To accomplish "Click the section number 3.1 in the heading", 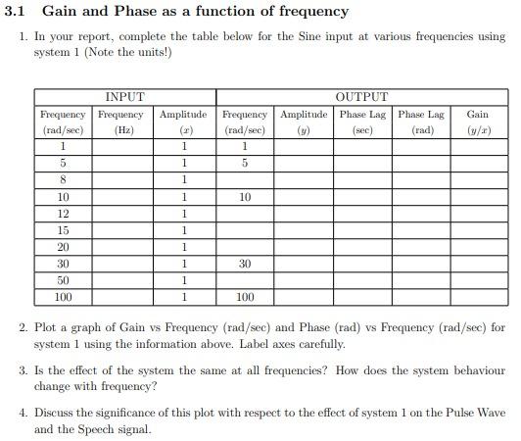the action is [16, 12].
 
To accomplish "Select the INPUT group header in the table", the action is [124, 97].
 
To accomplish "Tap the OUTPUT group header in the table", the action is [362, 97].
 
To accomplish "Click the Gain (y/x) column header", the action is [478, 122].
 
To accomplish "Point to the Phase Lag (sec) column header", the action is [363, 122].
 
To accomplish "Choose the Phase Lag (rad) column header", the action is [422, 122].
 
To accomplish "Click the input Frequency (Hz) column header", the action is [123, 122].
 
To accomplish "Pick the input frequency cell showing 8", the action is [64, 179].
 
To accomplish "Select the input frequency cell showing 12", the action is [64, 213].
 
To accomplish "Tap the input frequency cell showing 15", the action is [64, 229].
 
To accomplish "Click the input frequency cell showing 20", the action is [64, 246].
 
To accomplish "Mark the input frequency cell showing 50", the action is [64, 279].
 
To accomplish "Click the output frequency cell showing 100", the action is [245, 296].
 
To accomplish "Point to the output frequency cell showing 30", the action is [245, 263].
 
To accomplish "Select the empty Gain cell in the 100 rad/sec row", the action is [478, 296].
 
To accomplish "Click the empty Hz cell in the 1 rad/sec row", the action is [123, 146].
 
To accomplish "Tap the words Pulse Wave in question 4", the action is [475, 413].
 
